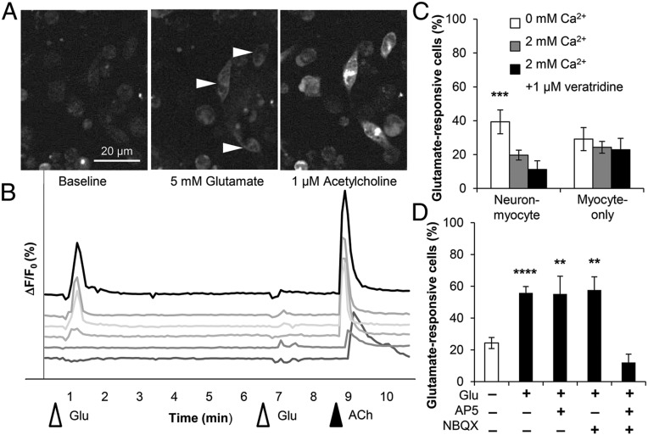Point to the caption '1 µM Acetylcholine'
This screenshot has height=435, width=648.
tap(338, 181)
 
